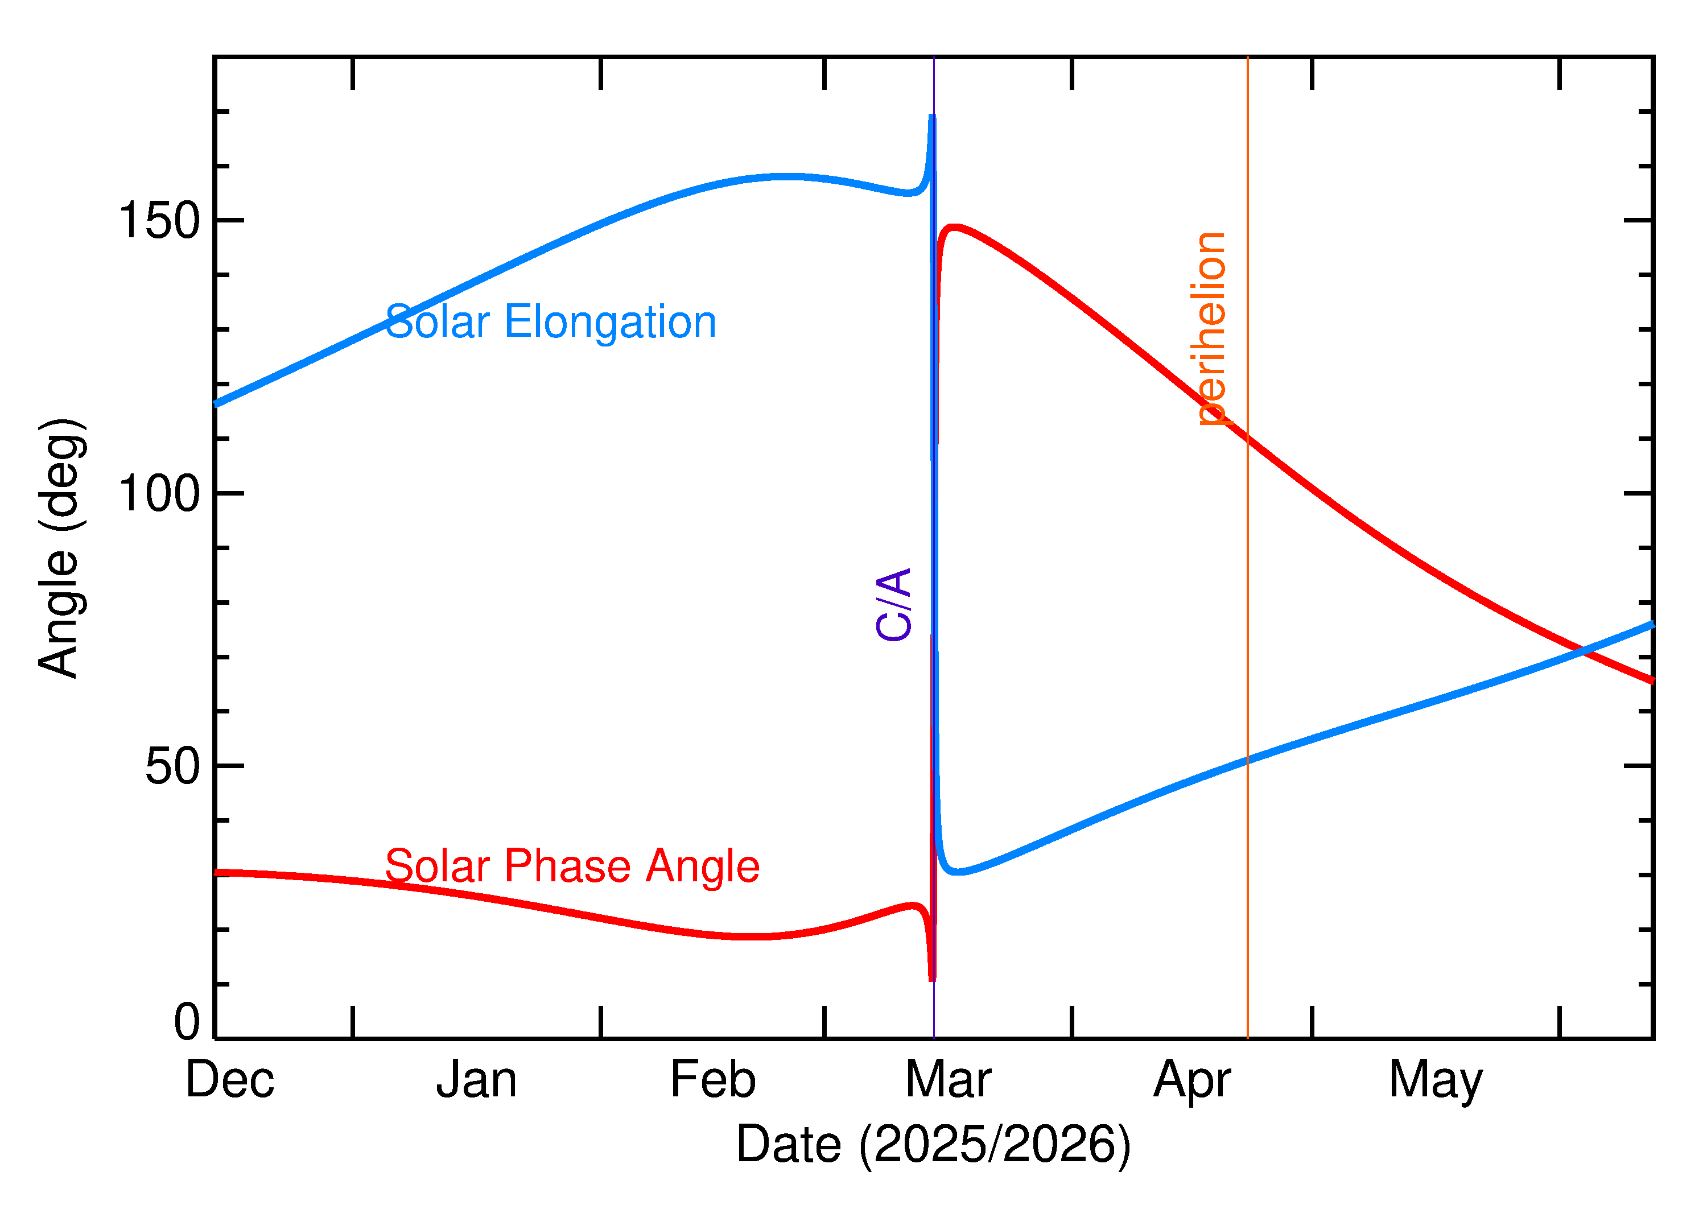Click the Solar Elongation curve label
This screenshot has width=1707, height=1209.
click(x=550, y=323)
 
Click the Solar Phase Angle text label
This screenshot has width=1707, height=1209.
click(x=572, y=866)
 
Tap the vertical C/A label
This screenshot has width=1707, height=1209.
click(x=894, y=604)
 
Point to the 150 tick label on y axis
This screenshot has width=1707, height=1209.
click(x=159, y=221)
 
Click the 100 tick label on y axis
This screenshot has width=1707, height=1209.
click(x=159, y=494)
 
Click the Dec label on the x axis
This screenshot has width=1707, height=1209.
click(x=229, y=1080)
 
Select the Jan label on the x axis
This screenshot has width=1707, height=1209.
click(x=476, y=1080)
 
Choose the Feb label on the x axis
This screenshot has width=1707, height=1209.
click(x=712, y=1080)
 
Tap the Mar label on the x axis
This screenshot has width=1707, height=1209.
click(x=948, y=1080)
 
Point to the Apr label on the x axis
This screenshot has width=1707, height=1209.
click(x=1192, y=1082)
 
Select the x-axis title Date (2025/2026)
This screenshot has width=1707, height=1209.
click(x=933, y=1144)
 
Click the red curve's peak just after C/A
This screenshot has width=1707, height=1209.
click(x=954, y=227)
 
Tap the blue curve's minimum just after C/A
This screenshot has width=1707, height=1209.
click(x=960, y=871)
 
